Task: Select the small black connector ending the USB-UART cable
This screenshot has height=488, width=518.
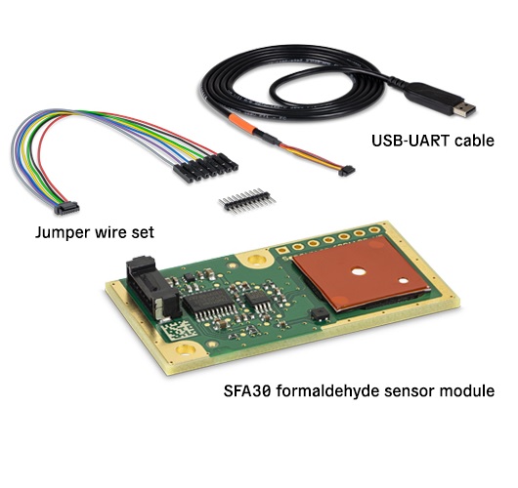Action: (347, 171)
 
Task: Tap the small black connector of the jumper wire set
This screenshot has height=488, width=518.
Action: (66, 208)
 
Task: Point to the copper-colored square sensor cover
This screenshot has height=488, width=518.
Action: (361, 273)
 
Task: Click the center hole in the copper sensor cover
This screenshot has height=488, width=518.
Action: (359, 272)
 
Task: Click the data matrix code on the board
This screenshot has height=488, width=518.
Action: (180, 331)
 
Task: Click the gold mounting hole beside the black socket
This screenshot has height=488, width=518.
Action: (256, 260)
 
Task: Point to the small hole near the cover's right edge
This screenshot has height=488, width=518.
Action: (404, 281)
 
